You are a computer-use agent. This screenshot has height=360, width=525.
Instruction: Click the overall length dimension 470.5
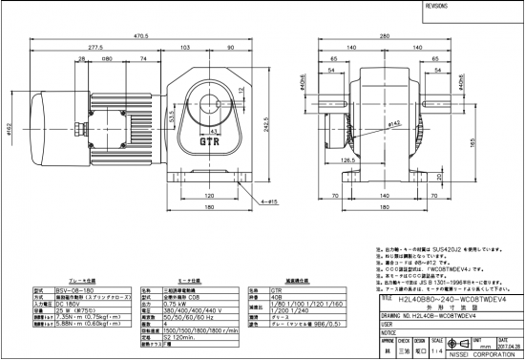142,35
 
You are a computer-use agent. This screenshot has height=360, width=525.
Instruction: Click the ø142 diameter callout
392,124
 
